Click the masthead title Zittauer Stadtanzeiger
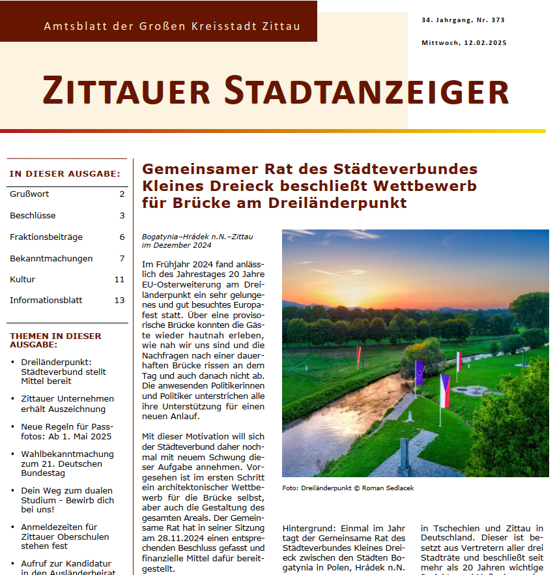pos(276,91)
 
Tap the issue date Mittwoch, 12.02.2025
pos(464,43)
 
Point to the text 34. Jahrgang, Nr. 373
pos(462,20)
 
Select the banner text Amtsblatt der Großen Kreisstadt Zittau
pos(172,27)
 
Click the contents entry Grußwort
pos(29,194)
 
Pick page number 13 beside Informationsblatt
pos(119,301)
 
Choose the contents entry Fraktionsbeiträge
pos(37,237)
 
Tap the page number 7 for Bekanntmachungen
pos(122,258)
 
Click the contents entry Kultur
pos(22,279)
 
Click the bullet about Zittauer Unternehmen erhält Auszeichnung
pos(67,404)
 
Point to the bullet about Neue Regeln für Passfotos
pos(66,431)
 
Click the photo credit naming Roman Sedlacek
pos(348,488)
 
